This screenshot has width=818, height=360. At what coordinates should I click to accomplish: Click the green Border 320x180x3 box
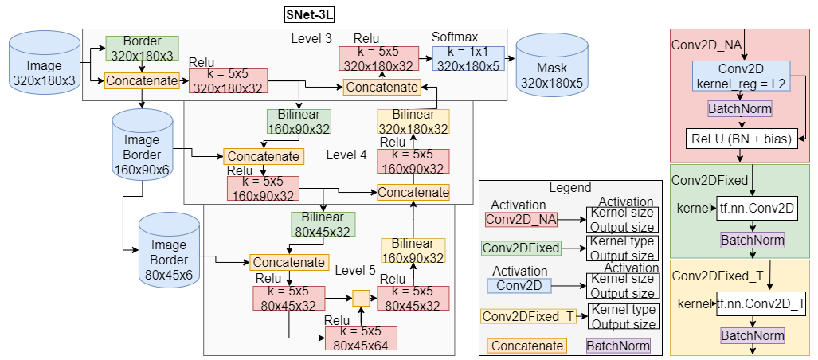click(x=142, y=49)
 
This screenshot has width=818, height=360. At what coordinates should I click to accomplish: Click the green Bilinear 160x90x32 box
click(x=299, y=121)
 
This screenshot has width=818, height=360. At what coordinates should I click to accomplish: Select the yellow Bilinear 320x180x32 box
click(x=413, y=122)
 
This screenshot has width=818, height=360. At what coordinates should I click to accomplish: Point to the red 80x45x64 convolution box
click(x=361, y=338)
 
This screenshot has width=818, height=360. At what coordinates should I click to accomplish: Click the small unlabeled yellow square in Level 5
click(x=361, y=299)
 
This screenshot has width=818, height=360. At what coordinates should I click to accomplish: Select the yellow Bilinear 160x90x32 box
click(x=413, y=250)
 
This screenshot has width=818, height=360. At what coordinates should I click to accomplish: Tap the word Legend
click(x=570, y=188)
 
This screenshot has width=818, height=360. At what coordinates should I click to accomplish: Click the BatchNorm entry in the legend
click(x=618, y=346)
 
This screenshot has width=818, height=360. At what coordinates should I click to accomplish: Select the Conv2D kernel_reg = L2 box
click(x=741, y=76)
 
